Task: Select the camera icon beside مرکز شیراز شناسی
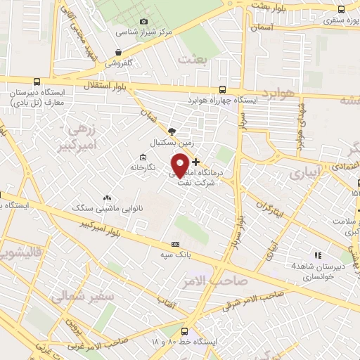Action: click(144, 22)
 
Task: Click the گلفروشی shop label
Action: click(120, 63)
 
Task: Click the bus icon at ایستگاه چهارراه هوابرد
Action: click(223, 89)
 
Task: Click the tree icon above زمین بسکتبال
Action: click(172, 131)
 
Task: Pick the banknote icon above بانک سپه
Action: click(175, 243)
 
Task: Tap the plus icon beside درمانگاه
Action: click(195, 162)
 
